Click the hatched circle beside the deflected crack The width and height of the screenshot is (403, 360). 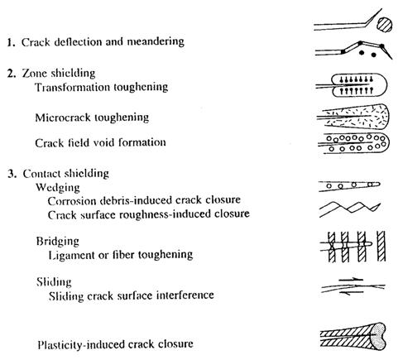coord(384,25)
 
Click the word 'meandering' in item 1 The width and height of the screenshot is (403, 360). coord(156,41)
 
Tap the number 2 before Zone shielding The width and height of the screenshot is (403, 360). coord(11,74)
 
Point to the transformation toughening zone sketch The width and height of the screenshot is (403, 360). coord(352,85)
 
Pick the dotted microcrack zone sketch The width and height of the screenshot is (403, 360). coord(353,117)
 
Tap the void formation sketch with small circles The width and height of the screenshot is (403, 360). coord(353,143)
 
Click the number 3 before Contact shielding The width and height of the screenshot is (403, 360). coord(11,174)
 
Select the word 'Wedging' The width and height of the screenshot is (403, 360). coord(58,188)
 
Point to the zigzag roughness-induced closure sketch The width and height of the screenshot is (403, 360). coord(350,209)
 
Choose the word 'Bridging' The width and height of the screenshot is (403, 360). coord(58,242)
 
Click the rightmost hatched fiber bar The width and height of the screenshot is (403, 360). coord(381,247)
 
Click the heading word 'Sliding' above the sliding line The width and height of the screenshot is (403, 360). coord(54,282)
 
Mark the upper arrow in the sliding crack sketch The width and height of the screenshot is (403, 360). coord(351,280)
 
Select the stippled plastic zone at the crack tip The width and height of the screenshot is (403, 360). coord(377,337)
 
